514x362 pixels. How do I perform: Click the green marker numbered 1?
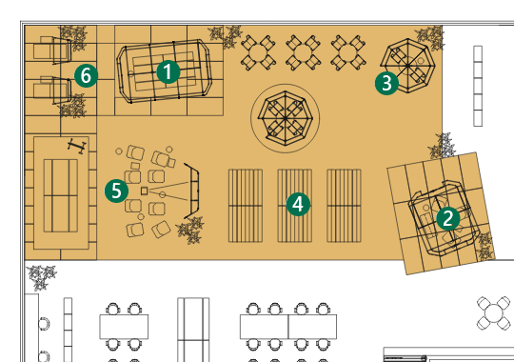[168, 71]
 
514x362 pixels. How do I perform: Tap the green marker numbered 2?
[448, 218]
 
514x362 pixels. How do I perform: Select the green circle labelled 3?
[386, 84]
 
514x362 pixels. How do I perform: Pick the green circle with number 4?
[298, 205]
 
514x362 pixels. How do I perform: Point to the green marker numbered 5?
[116, 191]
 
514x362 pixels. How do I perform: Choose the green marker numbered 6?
[87, 76]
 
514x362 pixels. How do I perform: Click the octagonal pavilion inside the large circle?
[286, 118]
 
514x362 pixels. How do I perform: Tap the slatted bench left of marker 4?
[246, 206]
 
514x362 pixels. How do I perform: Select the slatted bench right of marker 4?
[345, 206]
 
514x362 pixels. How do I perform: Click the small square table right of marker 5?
[145, 191]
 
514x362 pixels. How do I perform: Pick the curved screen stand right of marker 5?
[192, 191]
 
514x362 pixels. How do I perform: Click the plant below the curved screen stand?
[190, 230]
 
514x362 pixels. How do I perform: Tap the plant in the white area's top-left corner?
[42, 277]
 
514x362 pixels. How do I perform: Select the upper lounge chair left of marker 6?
[52, 50]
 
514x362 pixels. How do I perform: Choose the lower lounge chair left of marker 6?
[52, 90]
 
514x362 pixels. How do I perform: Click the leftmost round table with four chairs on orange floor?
[258, 52]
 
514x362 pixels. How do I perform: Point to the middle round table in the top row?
[303, 52]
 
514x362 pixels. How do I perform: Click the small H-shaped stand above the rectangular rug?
[77, 146]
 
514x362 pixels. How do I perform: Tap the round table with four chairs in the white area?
[494, 313]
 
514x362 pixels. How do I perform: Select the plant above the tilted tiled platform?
[443, 146]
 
